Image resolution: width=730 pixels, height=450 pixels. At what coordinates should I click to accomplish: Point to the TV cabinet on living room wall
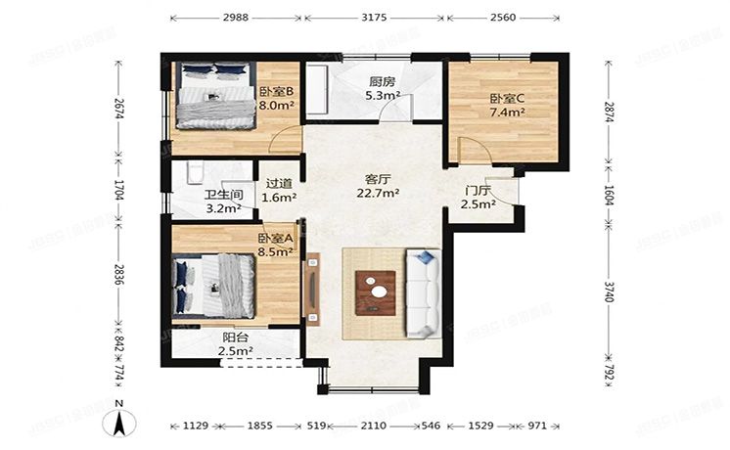tap(312, 289)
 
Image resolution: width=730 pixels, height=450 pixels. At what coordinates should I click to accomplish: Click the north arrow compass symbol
tap(118, 422)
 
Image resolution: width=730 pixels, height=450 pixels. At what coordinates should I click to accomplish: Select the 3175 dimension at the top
tap(372, 17)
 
